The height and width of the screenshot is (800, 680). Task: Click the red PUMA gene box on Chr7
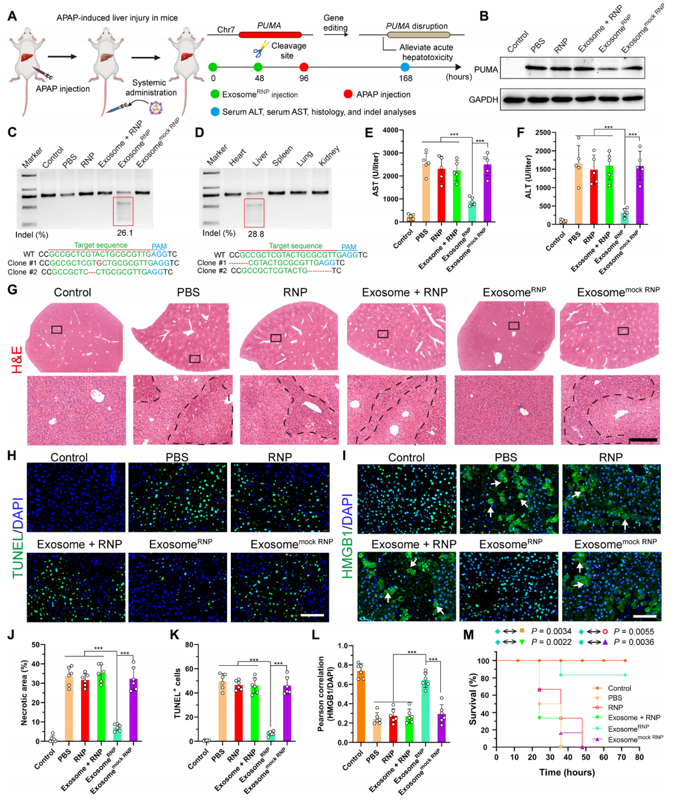click(x=270, y=34)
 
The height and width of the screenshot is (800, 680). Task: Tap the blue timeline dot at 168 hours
click(x=405, y=67)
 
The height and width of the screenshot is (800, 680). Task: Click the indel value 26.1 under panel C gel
click(x=125, y=233)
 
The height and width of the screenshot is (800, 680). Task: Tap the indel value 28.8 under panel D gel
click(x=256, y=234)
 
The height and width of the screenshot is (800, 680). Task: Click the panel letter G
click(x=12, y=289)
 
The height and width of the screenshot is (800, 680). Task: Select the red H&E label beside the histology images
click(x=17, y=359)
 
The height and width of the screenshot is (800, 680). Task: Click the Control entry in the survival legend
click(x=619, y=688)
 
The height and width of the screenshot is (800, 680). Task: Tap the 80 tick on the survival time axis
click(x=639, y=757)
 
